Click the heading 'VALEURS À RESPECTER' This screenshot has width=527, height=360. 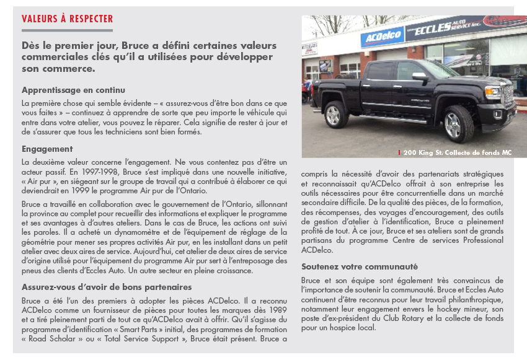tap(68, 19)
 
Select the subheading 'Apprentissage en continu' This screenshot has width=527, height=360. tap(73, 90)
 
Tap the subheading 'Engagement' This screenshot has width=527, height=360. tap(47, 149)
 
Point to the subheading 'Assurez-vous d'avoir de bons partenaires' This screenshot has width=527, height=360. tap(107, 287)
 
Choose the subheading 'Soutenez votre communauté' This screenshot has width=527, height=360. tap(360, 266)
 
